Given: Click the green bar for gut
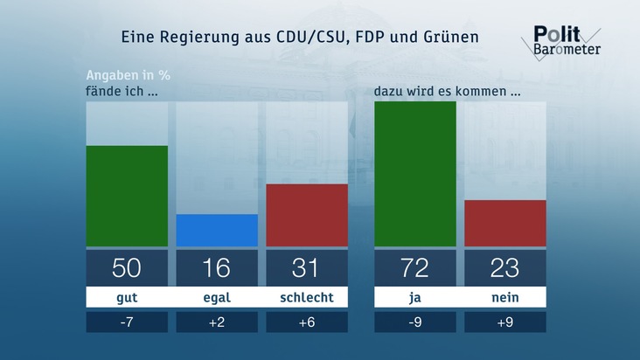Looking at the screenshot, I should pyautogui.click(x=127, y=196).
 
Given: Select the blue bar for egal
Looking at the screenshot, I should pyautogui.click(x=217, y=230).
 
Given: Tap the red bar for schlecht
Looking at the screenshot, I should pyautogui.click(x=307, y=215).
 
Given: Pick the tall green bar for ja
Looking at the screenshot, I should pyautogui.click(x=414, y=174).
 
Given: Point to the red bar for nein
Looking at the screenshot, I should pyautogui.click(x=505, y=223).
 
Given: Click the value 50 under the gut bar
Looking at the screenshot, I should pyautogui.click(x=127, y=267).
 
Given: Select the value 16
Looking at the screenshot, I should pyautogui.click(x=217, y=267).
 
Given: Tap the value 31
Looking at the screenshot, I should pyautogui.click(x=307, y=267).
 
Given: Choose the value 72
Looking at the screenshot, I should pyautogui.click(x=414, y=267).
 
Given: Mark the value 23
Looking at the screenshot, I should pyautogui.click(x=505, y=267).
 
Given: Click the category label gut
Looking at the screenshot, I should pyautogui.click(x=127, y=298).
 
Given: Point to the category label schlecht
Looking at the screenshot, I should pyautogui.click(x=307, y=298).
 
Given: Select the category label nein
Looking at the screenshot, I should pyautogui.click(x=505, y=298).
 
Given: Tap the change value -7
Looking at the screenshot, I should pyautogui.click(x=127, y=322).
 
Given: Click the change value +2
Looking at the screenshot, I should pyautogui.click(x=217, y=322).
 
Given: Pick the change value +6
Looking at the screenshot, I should pyautogui.click(x=307, y=322).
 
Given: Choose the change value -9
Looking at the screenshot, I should pyautogui.click(x=414, y=322).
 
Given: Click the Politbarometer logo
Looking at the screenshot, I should pyautogui.click(x=567, y=40).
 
